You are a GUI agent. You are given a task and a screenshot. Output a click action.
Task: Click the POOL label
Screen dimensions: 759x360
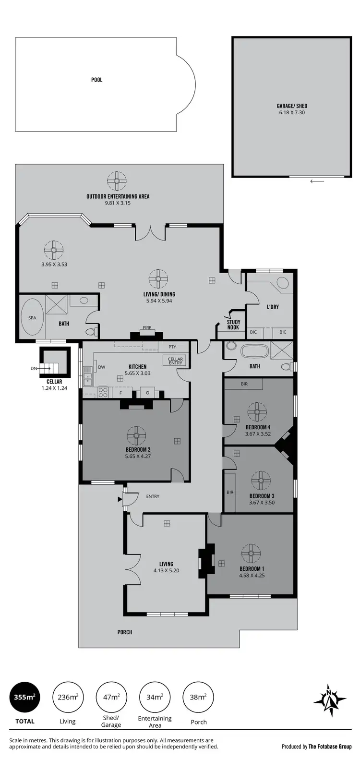[x=97, y=80]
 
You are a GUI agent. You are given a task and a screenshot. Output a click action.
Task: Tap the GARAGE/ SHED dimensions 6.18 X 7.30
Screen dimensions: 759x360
[x=292, y=113]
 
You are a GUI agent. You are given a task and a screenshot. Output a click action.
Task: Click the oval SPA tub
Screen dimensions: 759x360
[x=32, y=318]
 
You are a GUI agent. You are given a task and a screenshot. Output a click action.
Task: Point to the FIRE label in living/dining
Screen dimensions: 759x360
[x=147, y=328]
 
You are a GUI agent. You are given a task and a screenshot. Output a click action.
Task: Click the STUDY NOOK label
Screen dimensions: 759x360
[x=233, y=325]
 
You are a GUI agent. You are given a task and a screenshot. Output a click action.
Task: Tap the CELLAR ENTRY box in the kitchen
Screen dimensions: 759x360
[x=176, y=361]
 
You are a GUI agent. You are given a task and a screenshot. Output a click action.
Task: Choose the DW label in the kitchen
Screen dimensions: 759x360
[x=102, y=367]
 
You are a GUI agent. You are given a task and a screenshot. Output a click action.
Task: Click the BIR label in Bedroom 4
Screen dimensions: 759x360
[x=244, y=384]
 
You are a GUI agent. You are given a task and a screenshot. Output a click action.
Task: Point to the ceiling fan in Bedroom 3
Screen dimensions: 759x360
[x=261, y=480]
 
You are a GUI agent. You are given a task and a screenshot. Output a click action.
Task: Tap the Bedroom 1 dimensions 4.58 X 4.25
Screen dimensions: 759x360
[x=252, y=575]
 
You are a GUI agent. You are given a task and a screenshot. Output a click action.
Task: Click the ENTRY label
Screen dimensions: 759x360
[x=153, y=496]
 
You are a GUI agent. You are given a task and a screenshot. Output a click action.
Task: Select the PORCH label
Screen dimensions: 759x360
[x=125, y=632]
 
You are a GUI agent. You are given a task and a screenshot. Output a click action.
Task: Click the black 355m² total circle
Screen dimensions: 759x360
[x=24, y=697]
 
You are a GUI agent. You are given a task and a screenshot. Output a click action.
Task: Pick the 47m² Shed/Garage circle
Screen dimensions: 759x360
[x=111, y=697]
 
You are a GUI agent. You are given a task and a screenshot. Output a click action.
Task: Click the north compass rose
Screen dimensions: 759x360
[x=330, y=700]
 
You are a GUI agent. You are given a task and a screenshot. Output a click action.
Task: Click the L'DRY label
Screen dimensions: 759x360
[x=273, y=307]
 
